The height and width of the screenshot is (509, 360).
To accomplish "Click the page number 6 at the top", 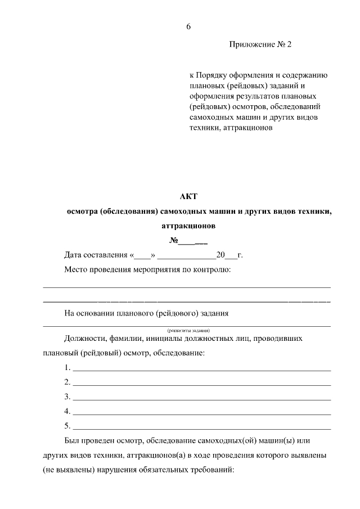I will coord(188,26).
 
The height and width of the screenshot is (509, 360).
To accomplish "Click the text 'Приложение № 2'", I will coord(261,44).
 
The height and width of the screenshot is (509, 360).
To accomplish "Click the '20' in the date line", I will coord(220,255).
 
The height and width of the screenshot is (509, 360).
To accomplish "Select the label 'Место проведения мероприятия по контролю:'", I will coord(148,270).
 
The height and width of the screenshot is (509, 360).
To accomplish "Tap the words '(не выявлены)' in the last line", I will coord(67,469).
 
